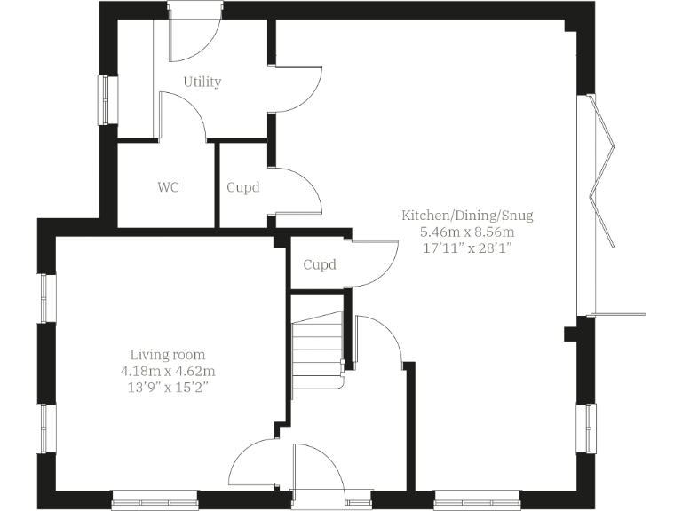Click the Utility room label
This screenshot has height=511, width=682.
202,82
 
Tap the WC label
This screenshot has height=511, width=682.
169,187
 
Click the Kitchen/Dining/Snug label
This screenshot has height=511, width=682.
467,216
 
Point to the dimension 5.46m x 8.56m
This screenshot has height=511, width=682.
467,232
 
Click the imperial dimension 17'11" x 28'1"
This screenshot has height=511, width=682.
467,248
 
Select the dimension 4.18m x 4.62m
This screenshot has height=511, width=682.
169,370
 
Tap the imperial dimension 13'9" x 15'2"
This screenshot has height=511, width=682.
168,387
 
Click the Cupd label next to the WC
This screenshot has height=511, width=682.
243,187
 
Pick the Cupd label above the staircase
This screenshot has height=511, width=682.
320,264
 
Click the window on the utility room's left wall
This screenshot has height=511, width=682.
107,100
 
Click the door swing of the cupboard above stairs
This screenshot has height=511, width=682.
373,263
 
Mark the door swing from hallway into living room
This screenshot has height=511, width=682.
253,461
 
